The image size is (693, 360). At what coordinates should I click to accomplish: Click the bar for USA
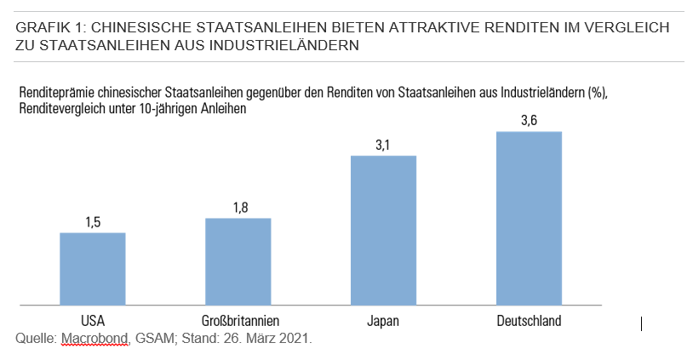coord(93,268)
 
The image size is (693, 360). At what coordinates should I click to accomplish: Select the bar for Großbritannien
coord(238,261)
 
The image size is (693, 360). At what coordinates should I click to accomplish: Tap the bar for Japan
coord(383,230)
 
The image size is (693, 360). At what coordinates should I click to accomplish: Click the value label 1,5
coord(93,222)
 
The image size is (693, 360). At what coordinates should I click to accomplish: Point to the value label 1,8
coord(238,207)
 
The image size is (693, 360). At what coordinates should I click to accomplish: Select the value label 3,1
coord(383,145)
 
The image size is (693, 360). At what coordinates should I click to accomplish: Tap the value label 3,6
coord(529,121)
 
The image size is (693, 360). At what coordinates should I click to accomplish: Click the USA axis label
coord(93,321)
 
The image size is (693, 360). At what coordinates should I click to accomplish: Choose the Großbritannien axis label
coord(238,321)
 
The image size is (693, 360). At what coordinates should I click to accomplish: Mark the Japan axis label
coord(383,321)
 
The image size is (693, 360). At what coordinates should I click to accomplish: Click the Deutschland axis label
coord(529,321)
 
